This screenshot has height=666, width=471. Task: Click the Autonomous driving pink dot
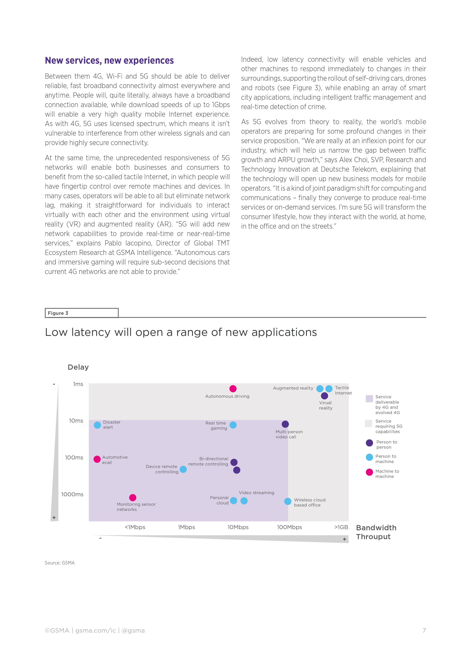pos(233,388)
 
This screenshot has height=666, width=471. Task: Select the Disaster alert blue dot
pos(97,425)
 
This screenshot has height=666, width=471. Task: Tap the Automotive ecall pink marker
pos(97,459)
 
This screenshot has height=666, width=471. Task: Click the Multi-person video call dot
pos(285,424)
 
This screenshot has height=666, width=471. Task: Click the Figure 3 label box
pos(81,313)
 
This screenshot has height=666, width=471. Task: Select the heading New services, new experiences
pos(109,60)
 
